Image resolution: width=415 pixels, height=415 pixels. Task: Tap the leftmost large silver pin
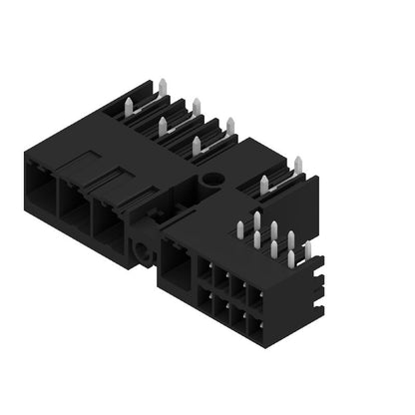(162, 126)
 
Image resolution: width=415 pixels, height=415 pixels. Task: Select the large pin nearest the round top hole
(196, 149)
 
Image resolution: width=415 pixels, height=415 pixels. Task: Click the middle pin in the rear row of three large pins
(196, 106)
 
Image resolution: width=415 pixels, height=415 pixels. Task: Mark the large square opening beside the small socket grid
(177, 268)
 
